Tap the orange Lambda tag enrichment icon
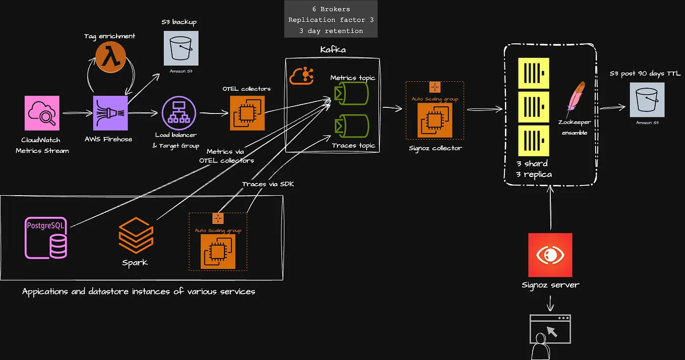(110, 57)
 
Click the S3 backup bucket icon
(181, 48)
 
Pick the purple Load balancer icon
(178, 113)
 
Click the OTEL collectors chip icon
(247, 113)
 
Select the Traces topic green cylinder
(350, 127)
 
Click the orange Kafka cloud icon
(302, 76)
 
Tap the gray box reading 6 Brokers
(330, 20)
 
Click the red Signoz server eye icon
(550, 255)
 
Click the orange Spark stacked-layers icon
(135, 237)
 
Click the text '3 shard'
(532, 163)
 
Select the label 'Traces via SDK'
(267, 184)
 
